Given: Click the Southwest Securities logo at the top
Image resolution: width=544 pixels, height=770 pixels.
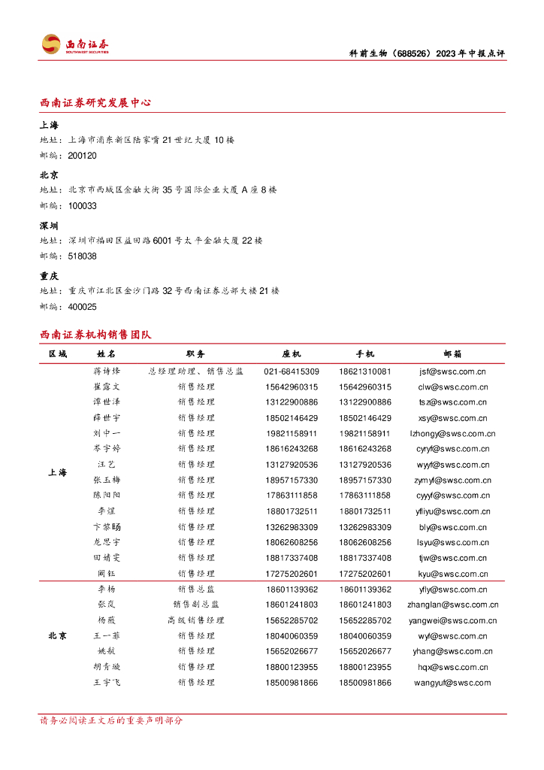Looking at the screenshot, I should tap(75, 44).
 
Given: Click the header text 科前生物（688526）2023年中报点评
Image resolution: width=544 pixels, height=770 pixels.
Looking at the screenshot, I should tap(428, 53).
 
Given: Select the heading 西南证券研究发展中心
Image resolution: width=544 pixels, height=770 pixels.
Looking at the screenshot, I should tap(95, 103).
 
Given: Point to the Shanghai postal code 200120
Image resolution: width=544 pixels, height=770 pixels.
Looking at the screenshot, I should tap(82, 156).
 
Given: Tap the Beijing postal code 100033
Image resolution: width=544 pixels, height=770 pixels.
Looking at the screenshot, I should tap(82, 206).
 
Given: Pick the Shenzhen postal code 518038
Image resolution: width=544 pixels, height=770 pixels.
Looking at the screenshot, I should tap(82, 256).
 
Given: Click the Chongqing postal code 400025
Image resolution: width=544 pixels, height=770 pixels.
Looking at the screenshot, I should tap(82, 307).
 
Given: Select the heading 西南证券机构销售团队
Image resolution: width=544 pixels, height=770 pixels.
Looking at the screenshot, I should tap(95, 335).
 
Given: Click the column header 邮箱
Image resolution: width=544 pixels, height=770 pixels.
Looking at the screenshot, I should tap(453, 353).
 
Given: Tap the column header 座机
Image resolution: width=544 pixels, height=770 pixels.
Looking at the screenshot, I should tap(292, 353).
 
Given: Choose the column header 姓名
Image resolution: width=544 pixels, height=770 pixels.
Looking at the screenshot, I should tap(107, 353).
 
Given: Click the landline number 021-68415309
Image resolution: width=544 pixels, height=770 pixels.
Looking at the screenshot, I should tap(292, 371).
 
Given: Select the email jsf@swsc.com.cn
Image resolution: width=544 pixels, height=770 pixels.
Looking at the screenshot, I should tap(453, 371).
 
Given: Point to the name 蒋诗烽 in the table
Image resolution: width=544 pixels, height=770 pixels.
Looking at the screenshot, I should tap(107, 371).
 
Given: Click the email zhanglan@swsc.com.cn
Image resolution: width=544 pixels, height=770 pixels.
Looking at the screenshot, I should tap(453, 605).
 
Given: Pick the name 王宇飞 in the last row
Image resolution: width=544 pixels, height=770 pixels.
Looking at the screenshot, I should tap(107, 683).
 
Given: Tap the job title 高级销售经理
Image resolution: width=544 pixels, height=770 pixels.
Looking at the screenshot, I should tap(196, 620).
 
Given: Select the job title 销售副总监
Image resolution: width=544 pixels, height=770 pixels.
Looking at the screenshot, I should tap(196, 605).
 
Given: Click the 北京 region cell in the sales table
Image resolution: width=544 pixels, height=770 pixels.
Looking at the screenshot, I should tap(57, 636).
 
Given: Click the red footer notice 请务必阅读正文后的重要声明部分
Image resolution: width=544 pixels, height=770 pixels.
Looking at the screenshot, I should tap(111, 720).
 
